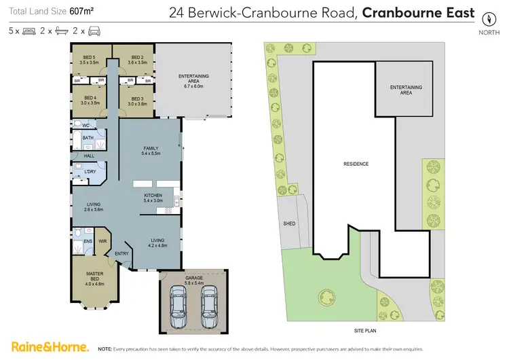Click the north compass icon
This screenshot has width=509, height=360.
click(x=487, y=18)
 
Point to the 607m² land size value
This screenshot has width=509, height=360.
click(x=81, y=12)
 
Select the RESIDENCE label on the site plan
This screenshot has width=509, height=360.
click(x=356, y=164)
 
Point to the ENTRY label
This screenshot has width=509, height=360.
click(x=122, y=253)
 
